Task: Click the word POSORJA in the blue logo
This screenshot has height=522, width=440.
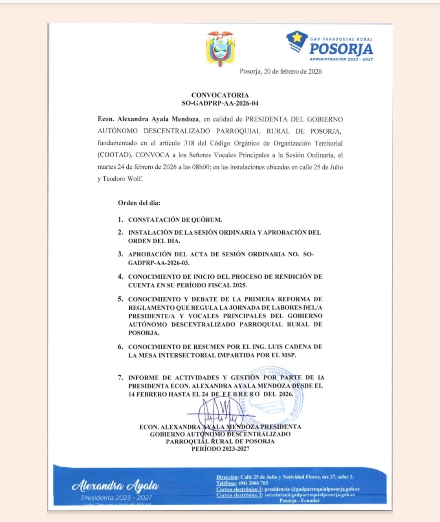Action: (341, 49)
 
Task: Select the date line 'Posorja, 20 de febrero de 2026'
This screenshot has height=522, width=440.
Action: (281, 71)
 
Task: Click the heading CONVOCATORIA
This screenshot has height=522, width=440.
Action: (220, 95)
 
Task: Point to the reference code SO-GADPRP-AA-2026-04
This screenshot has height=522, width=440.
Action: (220, 104)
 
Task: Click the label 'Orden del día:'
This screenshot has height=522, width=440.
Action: (139, 203)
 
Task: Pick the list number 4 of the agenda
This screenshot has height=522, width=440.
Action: (120, 276)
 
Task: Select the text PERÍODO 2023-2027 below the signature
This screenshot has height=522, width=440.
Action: (220, 449)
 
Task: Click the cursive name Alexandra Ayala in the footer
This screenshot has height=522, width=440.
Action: (115, 485)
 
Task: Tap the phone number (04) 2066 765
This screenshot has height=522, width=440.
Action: (253, 483)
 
